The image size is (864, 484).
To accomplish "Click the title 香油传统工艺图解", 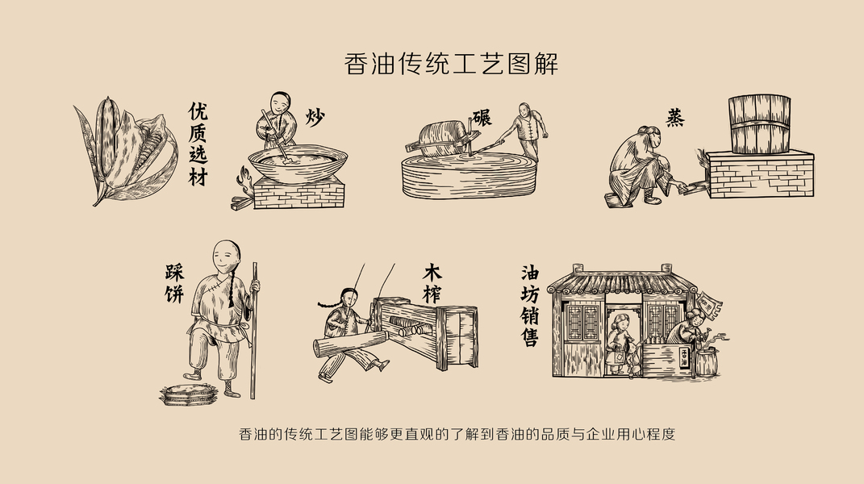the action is click(x=451, y=64).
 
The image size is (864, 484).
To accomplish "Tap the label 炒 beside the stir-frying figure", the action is click(x=315, y=118).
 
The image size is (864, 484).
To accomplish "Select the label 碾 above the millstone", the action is click(x=482, y=118).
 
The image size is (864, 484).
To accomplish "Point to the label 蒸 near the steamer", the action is click(x=675, y=118).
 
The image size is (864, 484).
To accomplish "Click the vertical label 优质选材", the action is click(x=198, y=144).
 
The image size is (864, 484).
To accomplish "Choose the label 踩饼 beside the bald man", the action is click(x=175, y=283).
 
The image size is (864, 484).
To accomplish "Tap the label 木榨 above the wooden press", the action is click(x=432, y=283).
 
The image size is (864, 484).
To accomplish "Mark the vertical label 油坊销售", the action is click(x=530, y=306).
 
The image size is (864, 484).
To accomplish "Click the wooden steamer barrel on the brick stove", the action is click(x=759, y=124).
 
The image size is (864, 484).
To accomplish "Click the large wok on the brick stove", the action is click(x=298, y=163).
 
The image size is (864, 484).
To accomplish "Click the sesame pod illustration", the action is click(x=127, y=149).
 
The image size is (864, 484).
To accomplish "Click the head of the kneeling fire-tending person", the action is click(x=649, y=138).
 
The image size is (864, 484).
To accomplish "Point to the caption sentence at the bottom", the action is click(x=457, y=434).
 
